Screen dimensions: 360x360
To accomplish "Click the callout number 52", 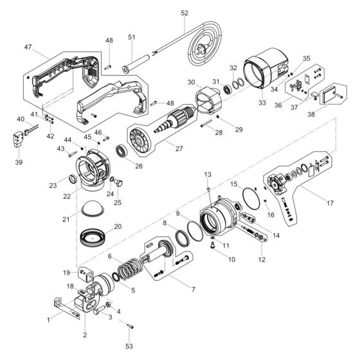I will pyautogui.click(x=184, y=13).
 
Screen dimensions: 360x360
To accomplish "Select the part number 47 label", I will pyautogui.click(x=28, y=48).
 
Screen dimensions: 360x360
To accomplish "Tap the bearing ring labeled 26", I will pyautogui.click(x=120, y=153).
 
